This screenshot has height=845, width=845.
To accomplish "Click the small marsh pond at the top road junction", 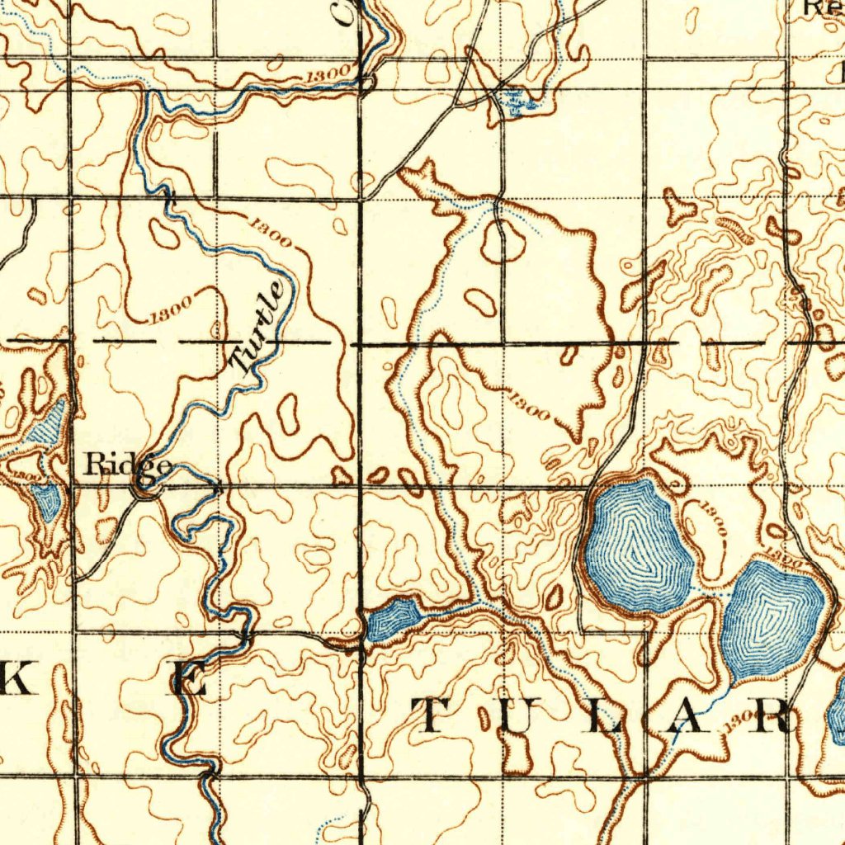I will pos(515,101).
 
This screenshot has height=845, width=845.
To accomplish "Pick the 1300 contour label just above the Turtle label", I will pos(270,231).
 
